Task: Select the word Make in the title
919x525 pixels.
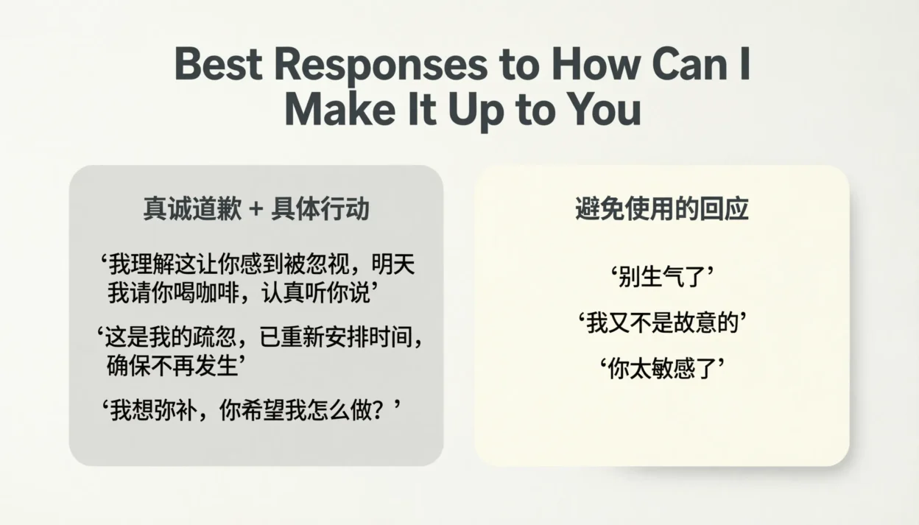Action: pyautogui.click(x=336, y=110)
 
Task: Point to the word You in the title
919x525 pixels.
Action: pyautogui.click(x=602, y=110)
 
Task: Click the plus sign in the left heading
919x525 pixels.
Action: pyautogui.click(x=256, y=210)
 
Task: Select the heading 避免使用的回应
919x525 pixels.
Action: pyautogui.click(x=661, y=209)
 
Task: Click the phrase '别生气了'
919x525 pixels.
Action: pyautogui.click(x=662, y=278)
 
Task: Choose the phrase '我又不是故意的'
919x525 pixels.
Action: pyautogui.click(x=662, y=323)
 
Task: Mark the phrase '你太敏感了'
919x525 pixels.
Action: pyautogui.click(x=662, y=367)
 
